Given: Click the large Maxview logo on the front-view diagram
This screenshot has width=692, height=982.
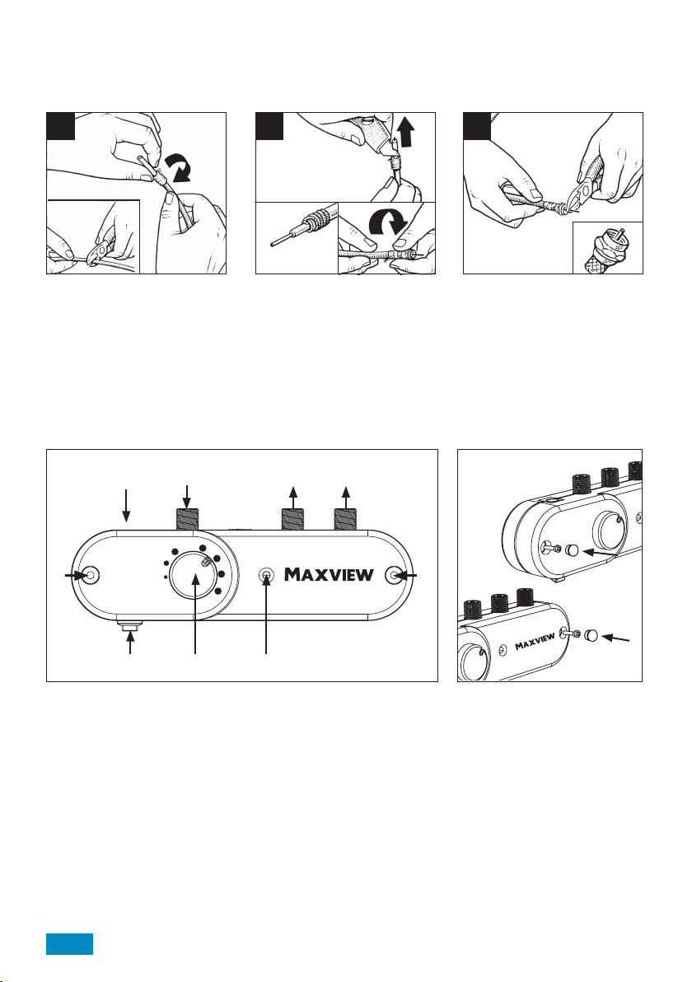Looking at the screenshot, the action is click(330, 573).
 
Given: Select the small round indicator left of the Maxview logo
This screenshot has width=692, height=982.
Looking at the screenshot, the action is click(267, 574).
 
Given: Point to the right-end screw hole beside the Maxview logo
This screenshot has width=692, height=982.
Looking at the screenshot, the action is click(395, 575).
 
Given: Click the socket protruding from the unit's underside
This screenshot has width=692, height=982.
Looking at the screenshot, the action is click(131, 624).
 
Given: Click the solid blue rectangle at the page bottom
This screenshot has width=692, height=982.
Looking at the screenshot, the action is click(69, 944).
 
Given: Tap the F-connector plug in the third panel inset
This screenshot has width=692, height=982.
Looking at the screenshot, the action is click(608, 249).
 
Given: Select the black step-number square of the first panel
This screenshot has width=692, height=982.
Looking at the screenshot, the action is click(61, 126).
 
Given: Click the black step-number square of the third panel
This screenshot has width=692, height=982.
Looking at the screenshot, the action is click(477, 126).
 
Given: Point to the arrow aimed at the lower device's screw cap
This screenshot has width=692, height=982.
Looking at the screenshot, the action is click(617, 639).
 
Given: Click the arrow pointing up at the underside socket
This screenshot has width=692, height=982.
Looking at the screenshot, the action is click(131, 643).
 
